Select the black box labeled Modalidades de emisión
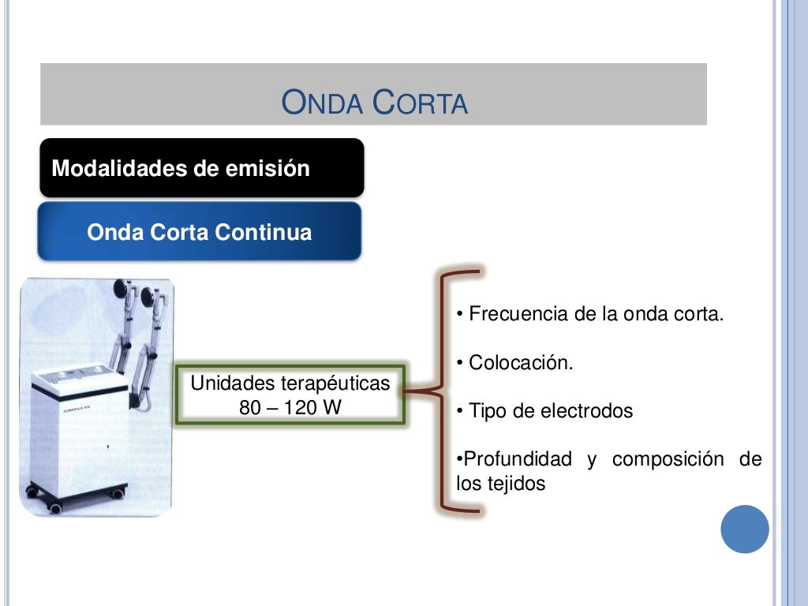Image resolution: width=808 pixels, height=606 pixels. click(202, 168)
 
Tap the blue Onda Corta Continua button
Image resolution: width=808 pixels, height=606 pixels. click(199, 233)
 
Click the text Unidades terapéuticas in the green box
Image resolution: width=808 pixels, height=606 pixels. click(290, 384)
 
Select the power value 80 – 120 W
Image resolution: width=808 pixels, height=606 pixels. click(290, 408)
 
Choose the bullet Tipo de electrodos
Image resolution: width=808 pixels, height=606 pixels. click(545, 411)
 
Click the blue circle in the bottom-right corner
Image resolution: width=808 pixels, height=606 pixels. click(744, 529)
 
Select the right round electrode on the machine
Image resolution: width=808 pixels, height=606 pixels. click(149, 297)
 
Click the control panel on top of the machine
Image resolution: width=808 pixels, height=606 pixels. click(79, 372)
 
